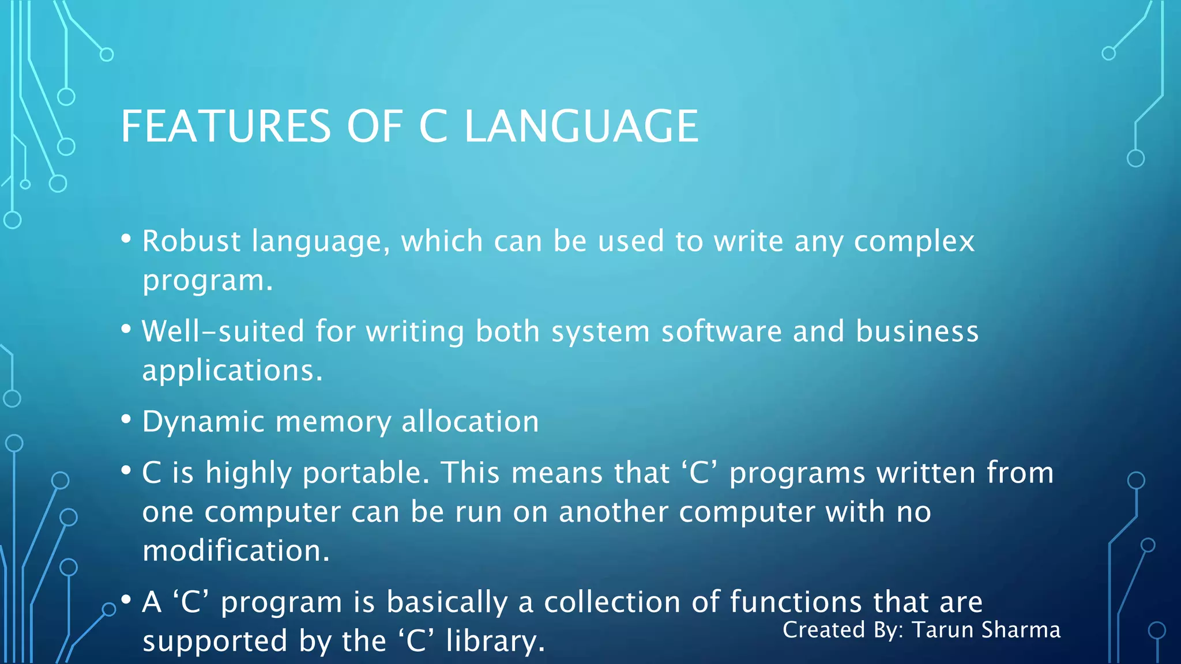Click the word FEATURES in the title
tap(225, 126)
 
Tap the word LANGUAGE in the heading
tap(581, 126)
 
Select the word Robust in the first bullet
tap(191, 241)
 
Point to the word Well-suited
tap(223, 331)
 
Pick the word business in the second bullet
tap(917, 331)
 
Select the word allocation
tap(470, 421)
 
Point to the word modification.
tap(236, 551)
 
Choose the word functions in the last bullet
tap(796, 602)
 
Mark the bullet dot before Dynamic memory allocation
tap(126, 419)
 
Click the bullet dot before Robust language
tap(126, 238)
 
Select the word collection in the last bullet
tap(612, 602)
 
